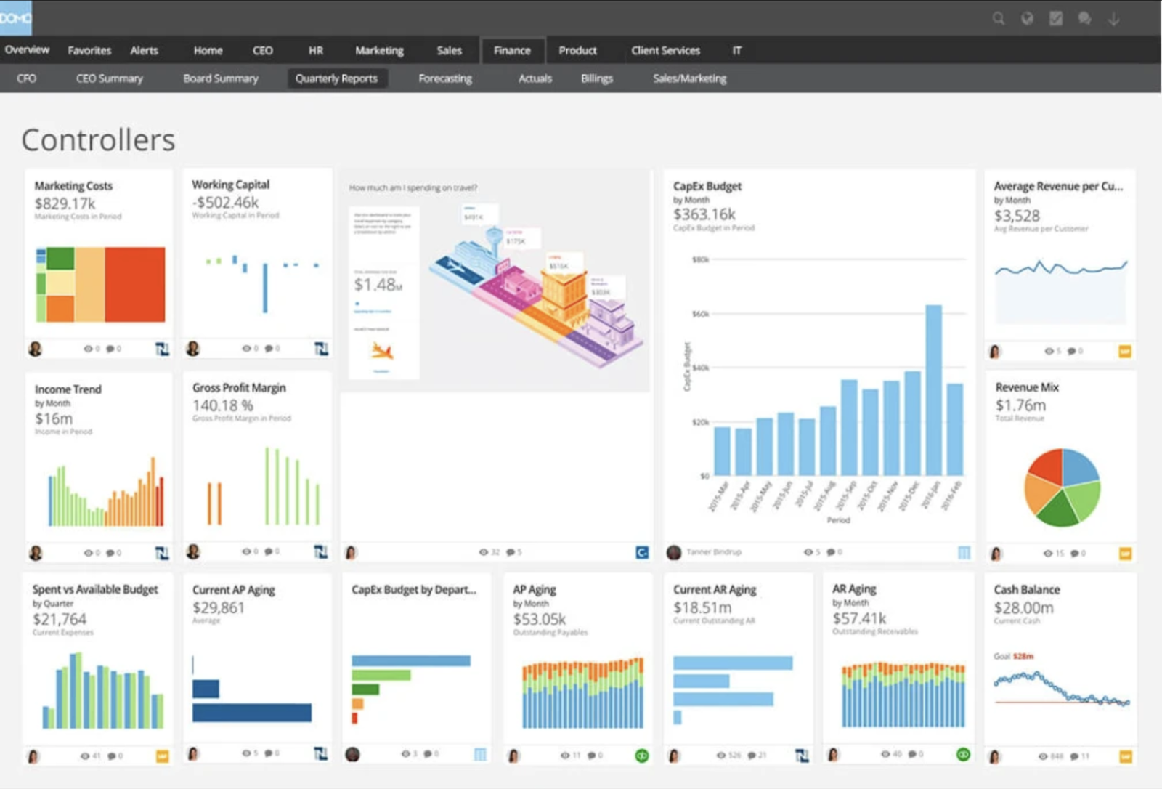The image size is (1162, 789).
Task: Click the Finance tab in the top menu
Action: point(512,51)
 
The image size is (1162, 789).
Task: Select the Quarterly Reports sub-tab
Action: point(336,78)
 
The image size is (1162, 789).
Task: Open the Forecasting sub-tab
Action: point(444,78)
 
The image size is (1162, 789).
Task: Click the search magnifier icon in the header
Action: point(999,19)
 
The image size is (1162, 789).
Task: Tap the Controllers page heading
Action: point(98,140)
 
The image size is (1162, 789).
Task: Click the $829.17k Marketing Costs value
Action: point(65,203)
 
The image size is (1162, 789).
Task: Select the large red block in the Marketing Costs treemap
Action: point(135,284)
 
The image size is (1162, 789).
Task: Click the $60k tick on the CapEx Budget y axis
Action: point(700,314)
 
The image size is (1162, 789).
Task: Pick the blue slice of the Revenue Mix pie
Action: point(1079,466)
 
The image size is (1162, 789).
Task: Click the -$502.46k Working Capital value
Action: point(225,203)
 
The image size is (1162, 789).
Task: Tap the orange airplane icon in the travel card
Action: point(382,352)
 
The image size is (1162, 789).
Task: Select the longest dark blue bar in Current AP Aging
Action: point(252,712)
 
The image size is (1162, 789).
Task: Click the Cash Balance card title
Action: point(1026,590)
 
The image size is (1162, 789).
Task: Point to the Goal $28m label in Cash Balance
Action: point(1013,656)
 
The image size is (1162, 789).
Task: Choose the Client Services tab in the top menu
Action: point(665,51)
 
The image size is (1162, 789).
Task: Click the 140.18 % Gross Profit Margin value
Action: point(223,405)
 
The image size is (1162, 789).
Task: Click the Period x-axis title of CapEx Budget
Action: point(838,520)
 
